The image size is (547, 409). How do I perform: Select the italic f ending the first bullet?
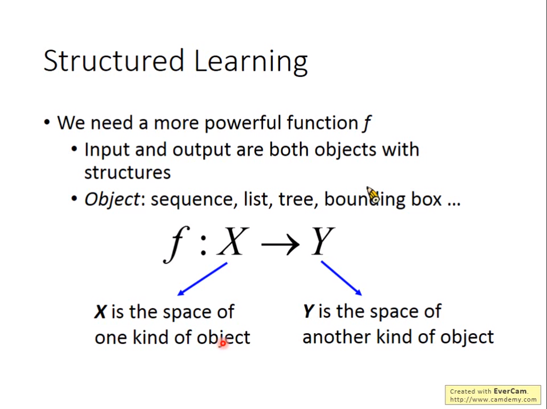(367, 123)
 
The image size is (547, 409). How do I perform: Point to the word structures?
(127, 172)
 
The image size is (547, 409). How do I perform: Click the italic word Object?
(112, 199)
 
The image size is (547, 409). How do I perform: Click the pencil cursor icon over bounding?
(372, 195)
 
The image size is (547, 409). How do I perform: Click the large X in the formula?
(233, 242)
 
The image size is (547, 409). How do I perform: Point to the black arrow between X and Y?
(279, 244)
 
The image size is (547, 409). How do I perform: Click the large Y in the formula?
(322, 242)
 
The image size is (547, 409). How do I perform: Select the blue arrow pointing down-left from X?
(202, 278)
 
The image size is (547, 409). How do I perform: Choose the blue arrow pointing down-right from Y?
(341, 278)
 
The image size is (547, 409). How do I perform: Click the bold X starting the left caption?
(100, 312)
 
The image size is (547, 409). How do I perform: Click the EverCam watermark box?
(493, 395)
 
